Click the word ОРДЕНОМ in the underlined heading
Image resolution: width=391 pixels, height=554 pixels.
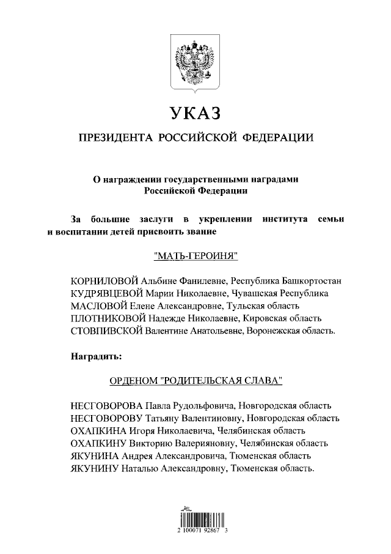click(x=133, y=381)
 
